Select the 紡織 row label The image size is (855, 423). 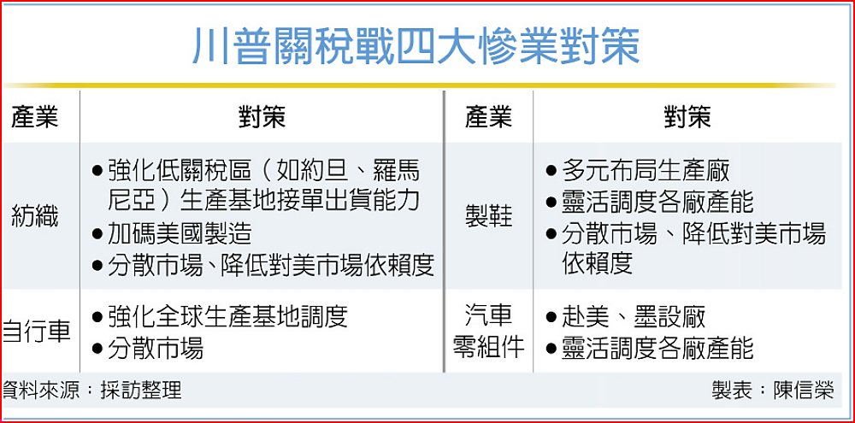(34, 217)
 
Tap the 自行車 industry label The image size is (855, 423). (36, 332)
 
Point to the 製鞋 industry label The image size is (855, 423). (488, 217)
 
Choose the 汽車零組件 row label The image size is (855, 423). (488, 332)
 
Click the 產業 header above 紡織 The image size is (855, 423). (34, 117)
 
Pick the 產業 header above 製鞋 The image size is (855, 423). (488, 117)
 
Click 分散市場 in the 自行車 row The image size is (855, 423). (156, 348)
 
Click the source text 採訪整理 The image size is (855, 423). (141, 391)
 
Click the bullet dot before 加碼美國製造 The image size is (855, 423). (97, 235)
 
